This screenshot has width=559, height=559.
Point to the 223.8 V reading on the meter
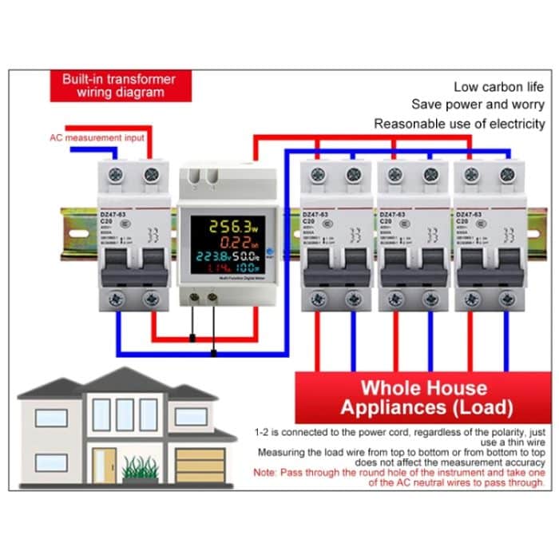tap(212, 257)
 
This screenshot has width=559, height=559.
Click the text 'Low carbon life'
tap(500, 86)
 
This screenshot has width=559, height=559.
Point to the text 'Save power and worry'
tap(478, 105)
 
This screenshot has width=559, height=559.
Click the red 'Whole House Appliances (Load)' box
tap(424, 398)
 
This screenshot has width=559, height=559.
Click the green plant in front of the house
tap(138, 466)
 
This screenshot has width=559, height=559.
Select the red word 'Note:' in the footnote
tap(268, 473)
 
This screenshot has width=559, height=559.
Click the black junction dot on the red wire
tap(192, 338)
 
